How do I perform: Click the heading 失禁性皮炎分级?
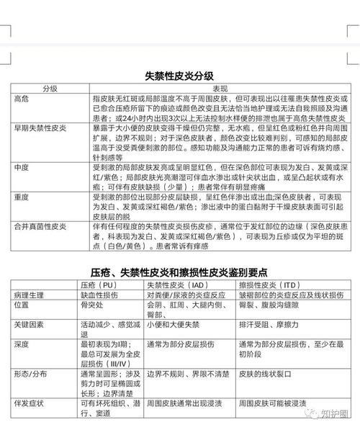(x=179, y=75)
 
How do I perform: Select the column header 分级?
(x=50, y=87)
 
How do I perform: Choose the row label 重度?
(x=22, y=196)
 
